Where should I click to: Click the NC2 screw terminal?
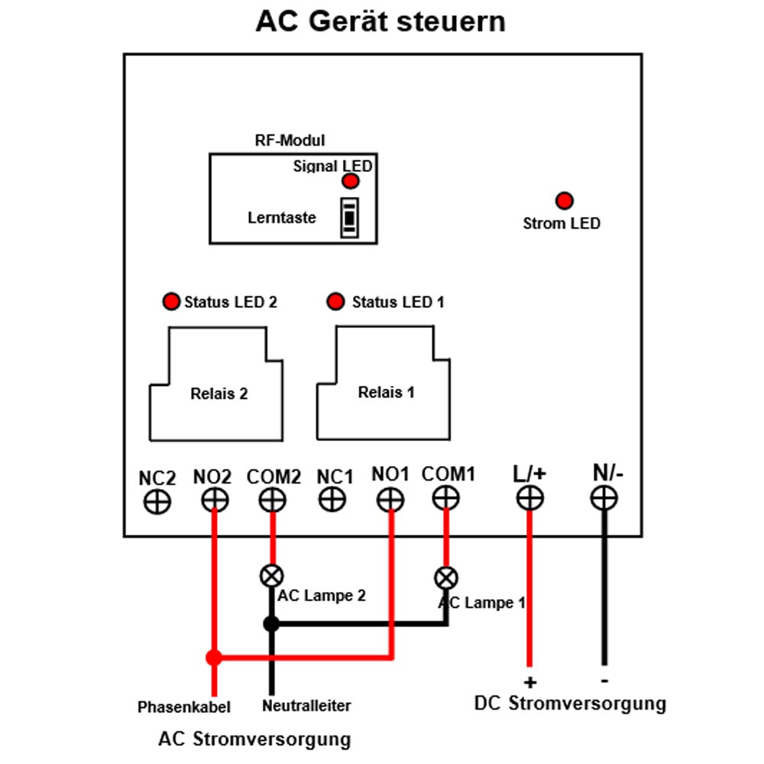click(157, 501)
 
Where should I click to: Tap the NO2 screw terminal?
click(215, 500)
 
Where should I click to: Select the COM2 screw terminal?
click(273, 500)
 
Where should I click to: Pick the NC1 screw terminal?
click(332, 500)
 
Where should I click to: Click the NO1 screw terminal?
click(390, 500)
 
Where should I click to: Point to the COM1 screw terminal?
click(446, 498)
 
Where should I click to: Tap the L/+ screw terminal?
click(529, 498)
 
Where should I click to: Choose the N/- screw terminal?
click(604, 498)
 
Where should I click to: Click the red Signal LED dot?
click(351, 181)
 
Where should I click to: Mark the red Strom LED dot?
click(565, 200)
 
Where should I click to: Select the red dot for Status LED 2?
click(171, 301)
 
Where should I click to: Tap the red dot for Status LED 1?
click(335, 301)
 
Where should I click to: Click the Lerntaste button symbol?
click(349, 218)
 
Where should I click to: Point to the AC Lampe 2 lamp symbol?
click(271, 576)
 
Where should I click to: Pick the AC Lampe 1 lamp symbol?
click(446, 578)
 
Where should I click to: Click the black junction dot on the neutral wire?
click(271, 623)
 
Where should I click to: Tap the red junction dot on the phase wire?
click(214, 657)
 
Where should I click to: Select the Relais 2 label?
click(219, 393)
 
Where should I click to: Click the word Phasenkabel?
click(183, 707)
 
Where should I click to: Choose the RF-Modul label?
click(290, 141)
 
